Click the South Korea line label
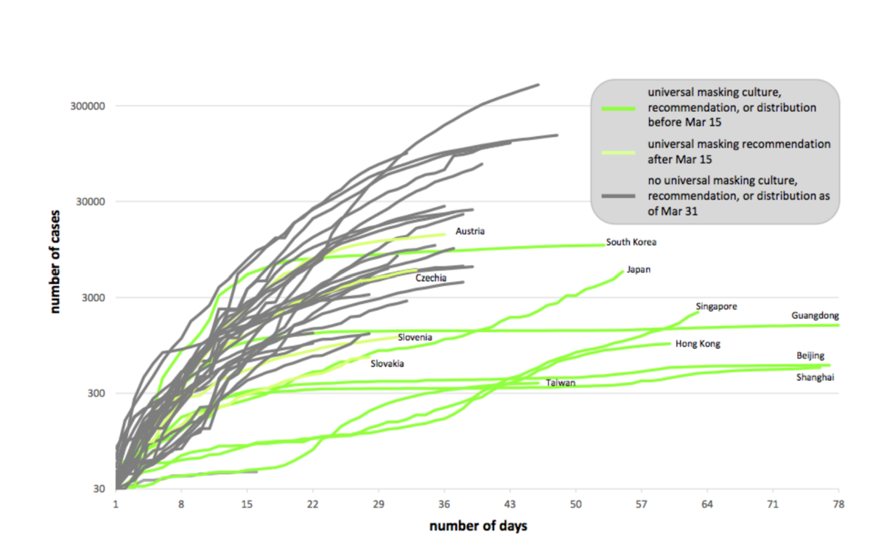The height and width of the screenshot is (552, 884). pyautogui.click(x=631, y=241)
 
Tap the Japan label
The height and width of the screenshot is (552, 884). pyautogui.click(x=639, y=269)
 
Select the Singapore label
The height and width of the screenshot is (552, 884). pyautogui.click(x=716, y=306)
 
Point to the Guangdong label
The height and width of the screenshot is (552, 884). pyautogui.click(x=815, y=316)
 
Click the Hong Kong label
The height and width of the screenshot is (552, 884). pyautogui.click(x=698, y=344)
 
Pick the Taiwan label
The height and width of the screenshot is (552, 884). pyautogui.click(x=560, y=383)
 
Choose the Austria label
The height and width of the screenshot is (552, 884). pyautogui.click(x=470, y=231)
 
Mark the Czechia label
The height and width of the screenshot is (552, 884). pyautogui.click(x=431, y=278)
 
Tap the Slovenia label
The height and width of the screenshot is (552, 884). pyautogui.click(x=415, y=338)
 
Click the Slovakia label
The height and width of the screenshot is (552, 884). pyautogui.click(x=387, y=364)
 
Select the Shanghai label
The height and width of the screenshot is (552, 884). pyautogui.click(x=815, y=378)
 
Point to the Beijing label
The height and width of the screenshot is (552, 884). pyautogui.click(x=810, y=355)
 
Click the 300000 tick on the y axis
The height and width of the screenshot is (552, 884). pyautogui.click(x=89, y=106)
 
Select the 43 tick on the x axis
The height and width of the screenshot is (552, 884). pyautogui.click(x=509, y=504)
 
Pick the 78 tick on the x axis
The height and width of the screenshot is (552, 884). pyautogui.click(x=838, y=504)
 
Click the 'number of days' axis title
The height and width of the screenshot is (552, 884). pyautogui.click(x=478, y=526)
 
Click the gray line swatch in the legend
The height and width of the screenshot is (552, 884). pyautogui.click(x=619, y=195)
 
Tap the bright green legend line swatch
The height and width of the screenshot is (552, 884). pyautogui.click(x=619, y=108)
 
